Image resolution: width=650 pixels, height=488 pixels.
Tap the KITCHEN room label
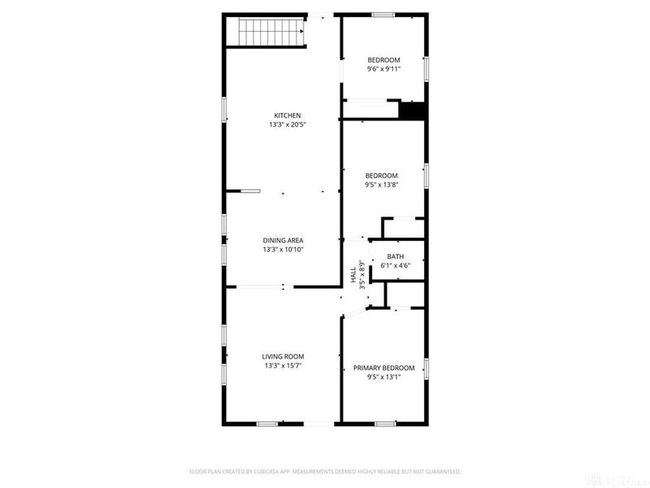click(288, 115)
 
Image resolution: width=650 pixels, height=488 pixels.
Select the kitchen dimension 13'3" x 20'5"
click(288, 125)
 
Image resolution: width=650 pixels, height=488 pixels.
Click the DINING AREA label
click(283, 240)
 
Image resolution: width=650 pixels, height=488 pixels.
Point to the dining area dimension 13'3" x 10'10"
click(283, 250)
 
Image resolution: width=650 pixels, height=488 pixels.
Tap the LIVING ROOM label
click(283, 356)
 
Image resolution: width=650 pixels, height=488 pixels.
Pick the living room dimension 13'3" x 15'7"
click(283, 366)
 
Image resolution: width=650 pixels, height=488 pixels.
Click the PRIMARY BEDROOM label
click(383, 368)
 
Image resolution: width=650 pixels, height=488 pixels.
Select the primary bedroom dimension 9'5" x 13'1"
click(383, 377)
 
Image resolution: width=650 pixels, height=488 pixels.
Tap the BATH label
click(395, 257)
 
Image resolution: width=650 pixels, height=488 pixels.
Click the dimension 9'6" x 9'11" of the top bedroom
click(383, 70)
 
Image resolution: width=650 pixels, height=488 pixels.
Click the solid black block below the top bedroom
click(413, 111)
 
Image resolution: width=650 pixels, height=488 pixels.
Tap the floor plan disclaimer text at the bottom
click(325, 472)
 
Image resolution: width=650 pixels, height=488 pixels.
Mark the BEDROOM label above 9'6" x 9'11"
click(383, 60)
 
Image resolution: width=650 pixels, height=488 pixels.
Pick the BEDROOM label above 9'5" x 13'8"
click(381, 176)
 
